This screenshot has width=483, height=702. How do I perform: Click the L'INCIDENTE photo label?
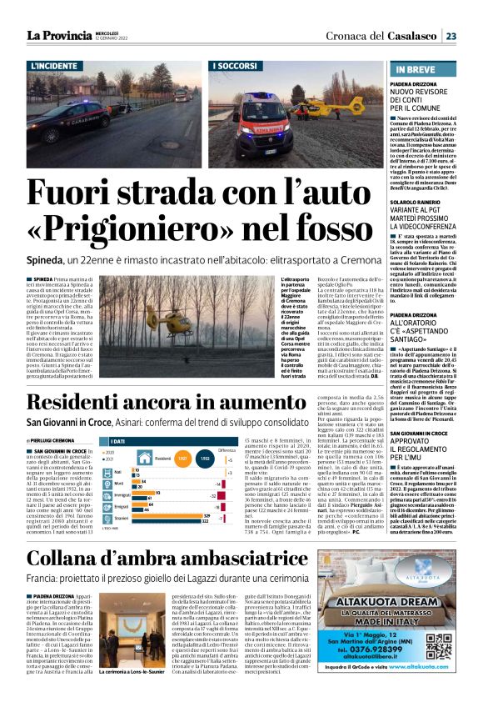57,65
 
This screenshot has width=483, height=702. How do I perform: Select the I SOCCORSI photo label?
237,65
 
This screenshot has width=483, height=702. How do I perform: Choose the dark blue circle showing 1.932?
204,458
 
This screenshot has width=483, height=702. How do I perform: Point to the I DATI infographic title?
118,441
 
